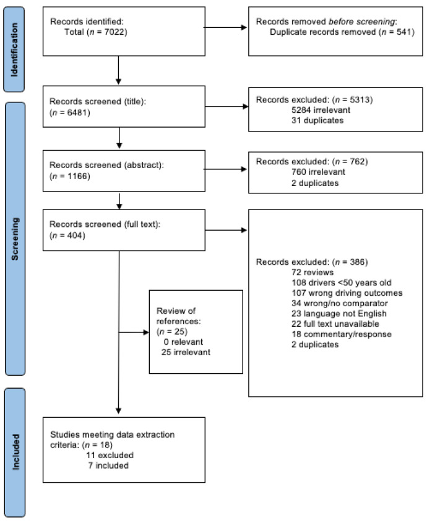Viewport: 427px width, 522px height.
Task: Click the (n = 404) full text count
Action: tap(67, 236)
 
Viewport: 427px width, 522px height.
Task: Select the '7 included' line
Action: tap(108, 465)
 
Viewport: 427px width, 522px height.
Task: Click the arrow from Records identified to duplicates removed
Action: tap(226, 28)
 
